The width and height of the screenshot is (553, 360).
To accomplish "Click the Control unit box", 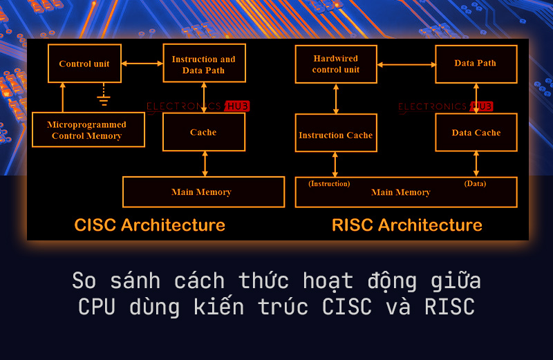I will click(84, 64).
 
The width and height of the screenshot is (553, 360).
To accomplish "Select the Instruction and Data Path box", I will click(203, 64).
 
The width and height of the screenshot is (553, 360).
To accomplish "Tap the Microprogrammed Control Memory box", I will click(88, 130).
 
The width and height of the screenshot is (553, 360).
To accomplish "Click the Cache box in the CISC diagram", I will click(203, 132).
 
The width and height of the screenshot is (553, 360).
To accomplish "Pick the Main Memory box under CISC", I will click(203, 192).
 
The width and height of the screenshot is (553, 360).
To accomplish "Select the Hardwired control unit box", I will click(336, 64).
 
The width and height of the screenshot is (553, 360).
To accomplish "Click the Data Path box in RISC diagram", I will click(476, 64).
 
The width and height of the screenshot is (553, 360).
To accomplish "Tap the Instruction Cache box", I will click(336, 135).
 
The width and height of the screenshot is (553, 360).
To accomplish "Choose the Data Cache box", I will click(476, 133).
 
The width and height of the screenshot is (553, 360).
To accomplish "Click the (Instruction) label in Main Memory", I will click(329, 184).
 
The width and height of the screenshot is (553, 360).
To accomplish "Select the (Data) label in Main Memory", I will click(475, 184).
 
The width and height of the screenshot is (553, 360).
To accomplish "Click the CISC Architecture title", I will click(149, 225).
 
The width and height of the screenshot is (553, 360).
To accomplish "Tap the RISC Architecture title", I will click(406, 225).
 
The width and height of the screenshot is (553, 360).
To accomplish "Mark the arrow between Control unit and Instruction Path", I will click(142, 64).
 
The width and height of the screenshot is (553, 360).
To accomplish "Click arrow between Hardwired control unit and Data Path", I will click(406, 64).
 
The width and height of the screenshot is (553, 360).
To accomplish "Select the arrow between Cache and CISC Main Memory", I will click(205, 164).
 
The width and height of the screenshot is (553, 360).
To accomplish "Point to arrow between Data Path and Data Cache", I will click(476, 98).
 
